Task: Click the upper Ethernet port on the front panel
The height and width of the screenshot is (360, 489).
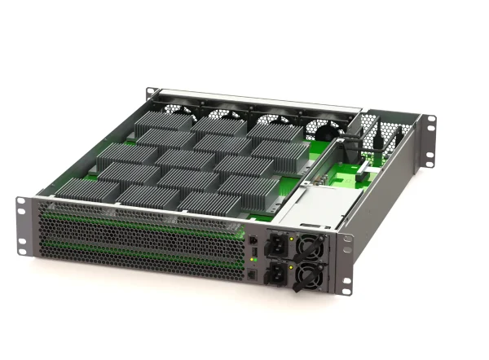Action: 253,242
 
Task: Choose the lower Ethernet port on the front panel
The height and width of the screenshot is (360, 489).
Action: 254,275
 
